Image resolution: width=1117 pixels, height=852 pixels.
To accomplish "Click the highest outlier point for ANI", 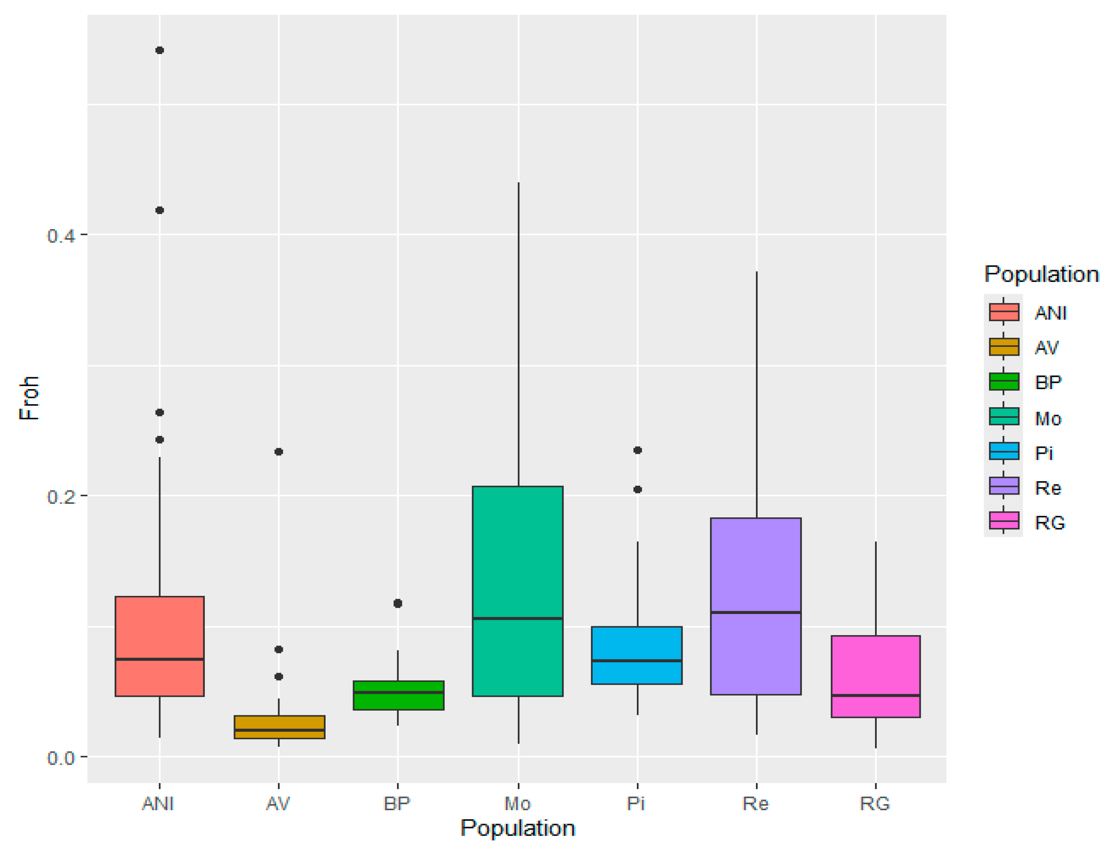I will pyautogui.click(x=159, y=50).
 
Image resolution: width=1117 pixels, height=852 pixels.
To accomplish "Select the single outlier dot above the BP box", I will pyautogui.click(x=397, y=603).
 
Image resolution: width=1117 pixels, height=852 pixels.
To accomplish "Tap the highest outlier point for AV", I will pyautogui.click(x=279, y=452).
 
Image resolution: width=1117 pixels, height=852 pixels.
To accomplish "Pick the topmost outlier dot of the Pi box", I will pyautogui.click(x=637, y=450).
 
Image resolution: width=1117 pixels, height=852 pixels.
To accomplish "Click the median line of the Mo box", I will pyautogui.click(x=517, y=618).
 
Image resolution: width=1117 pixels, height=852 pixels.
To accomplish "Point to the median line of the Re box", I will pyautogui.click(x=755, y=612).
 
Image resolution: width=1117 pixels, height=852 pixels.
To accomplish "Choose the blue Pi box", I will pyautogui.click(x=636, y=644).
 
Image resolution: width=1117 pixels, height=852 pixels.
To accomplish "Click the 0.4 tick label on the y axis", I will pyautogui.click(x=60, y=236).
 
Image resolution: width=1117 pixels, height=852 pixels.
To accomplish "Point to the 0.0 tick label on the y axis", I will pyautogui.click(x=60, y=757).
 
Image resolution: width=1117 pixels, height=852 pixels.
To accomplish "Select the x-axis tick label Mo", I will pyautogui.click(x=517, y=804).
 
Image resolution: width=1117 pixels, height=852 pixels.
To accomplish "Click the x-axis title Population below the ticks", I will pyautogui.click(x=517, y=829).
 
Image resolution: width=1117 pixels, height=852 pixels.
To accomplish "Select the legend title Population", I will pyautogui.click(x=1041, y=274).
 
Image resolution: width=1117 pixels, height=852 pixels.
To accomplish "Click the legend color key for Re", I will pyautogui.click(x=1003, y=486).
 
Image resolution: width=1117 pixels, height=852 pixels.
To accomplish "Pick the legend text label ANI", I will pyautogui.click(x=1050, y=313).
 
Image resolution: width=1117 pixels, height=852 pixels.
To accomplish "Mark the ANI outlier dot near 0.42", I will pyautogui.click(x=159, y=210).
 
